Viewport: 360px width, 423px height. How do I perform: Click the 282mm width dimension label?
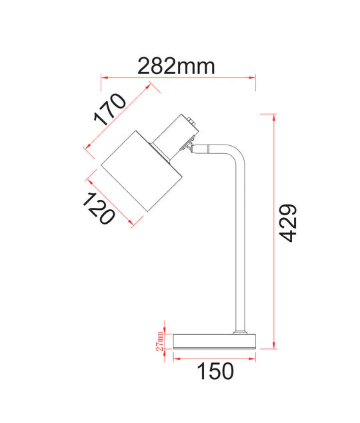(x=176, y=66)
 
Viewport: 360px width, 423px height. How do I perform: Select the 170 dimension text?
(x=110, y=109)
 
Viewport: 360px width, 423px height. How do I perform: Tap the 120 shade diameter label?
(x=99, y=209)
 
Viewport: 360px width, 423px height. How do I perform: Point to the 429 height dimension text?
(x=288, y=223)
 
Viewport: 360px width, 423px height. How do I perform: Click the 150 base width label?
(x=215, y=371)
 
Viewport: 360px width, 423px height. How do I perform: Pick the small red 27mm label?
(x=159, y=341)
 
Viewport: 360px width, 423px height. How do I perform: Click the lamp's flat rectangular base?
(x=214, y=342)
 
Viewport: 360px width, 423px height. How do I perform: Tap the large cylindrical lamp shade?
(x=141, y=171)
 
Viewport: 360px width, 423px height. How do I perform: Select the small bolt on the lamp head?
(x=191, y=121)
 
